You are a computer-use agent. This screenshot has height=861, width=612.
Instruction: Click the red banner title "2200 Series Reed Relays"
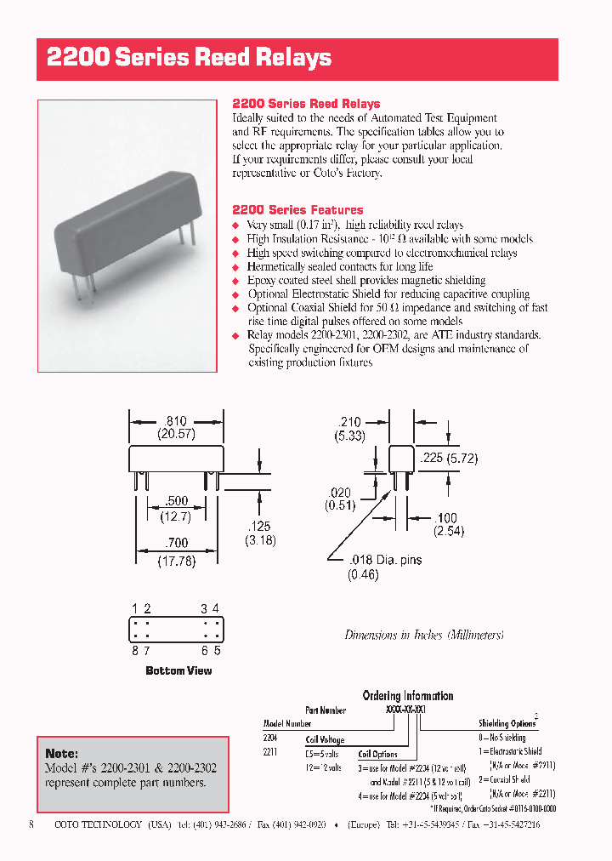coord(189,58)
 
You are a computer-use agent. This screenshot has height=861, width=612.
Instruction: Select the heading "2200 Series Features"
coord(297,209)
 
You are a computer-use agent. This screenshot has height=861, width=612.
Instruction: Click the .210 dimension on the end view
coord(350,421)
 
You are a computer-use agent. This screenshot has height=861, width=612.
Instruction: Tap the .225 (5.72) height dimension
coord(450,458)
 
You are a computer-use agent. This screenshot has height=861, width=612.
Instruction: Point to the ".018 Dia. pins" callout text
coord(384,560)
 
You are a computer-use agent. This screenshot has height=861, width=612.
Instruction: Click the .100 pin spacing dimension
coord(445,517)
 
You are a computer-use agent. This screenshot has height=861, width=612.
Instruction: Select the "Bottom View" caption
coord(178,671)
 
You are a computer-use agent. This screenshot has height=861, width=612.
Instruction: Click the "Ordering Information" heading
coord(408,696)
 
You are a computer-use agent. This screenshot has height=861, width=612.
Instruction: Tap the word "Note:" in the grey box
coord(61,754)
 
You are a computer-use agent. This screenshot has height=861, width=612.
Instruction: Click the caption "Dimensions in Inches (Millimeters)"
coord(424,635)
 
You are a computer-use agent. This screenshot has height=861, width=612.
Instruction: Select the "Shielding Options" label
coord(507,723)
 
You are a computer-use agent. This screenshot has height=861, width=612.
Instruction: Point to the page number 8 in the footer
coord(31,824)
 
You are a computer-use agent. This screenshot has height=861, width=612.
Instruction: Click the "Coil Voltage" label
coord(325,740)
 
